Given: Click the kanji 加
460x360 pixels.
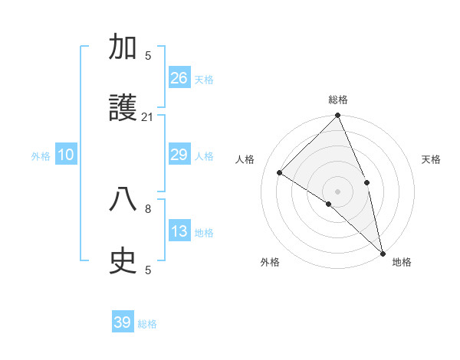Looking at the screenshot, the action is coord(123,48).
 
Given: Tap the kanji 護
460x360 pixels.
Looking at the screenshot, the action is coord(123,110).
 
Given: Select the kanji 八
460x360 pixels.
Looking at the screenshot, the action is coord(123,201).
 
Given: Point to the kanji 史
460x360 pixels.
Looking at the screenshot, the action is coord(123,262).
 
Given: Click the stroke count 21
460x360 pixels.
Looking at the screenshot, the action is coord(148,116).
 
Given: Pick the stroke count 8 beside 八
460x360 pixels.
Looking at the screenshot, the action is coord(148,208).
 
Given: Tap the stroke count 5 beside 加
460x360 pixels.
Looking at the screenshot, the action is coord(148,55).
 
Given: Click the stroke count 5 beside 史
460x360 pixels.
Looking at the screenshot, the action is coord(148,269).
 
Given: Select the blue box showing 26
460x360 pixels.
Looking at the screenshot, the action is coord(179,77).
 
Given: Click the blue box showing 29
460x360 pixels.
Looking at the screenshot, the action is coord(179,155).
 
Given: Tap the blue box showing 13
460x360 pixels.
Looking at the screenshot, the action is coord(179,231).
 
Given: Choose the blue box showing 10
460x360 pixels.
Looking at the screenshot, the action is coord(66,155).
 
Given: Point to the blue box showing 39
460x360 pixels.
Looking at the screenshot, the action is coord(123,322).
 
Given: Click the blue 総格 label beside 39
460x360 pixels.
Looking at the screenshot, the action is coord(147,324).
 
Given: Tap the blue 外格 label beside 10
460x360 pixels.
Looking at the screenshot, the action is coord(41,156).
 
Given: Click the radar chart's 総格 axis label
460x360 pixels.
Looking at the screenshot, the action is coord(338,100).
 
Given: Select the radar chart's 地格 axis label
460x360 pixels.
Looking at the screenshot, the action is coord(402,262).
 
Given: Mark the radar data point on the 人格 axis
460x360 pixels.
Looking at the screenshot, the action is coord(280,172).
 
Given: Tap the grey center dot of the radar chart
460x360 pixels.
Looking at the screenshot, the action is coord(338,191).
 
